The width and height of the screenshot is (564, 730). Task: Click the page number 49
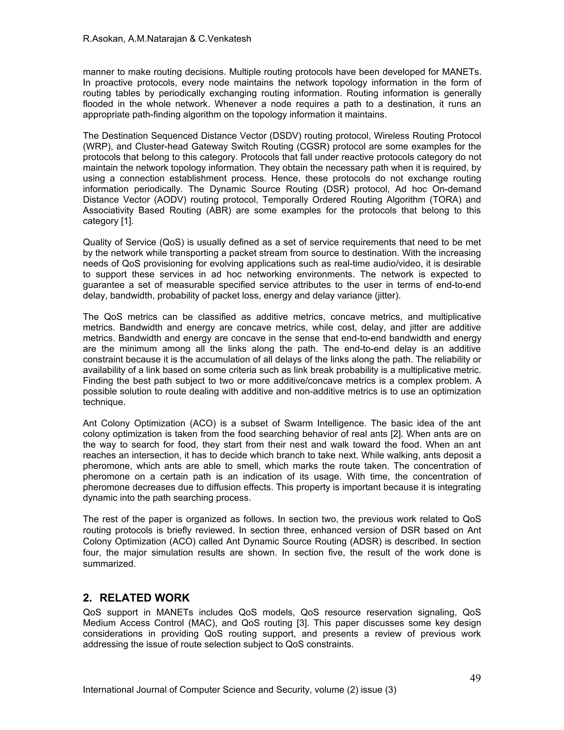point(475,678)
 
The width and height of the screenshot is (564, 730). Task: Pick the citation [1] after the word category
point(127,221)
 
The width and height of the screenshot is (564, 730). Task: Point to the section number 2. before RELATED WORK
point(88,597)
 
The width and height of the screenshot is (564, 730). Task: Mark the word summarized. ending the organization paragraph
point(109,564)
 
